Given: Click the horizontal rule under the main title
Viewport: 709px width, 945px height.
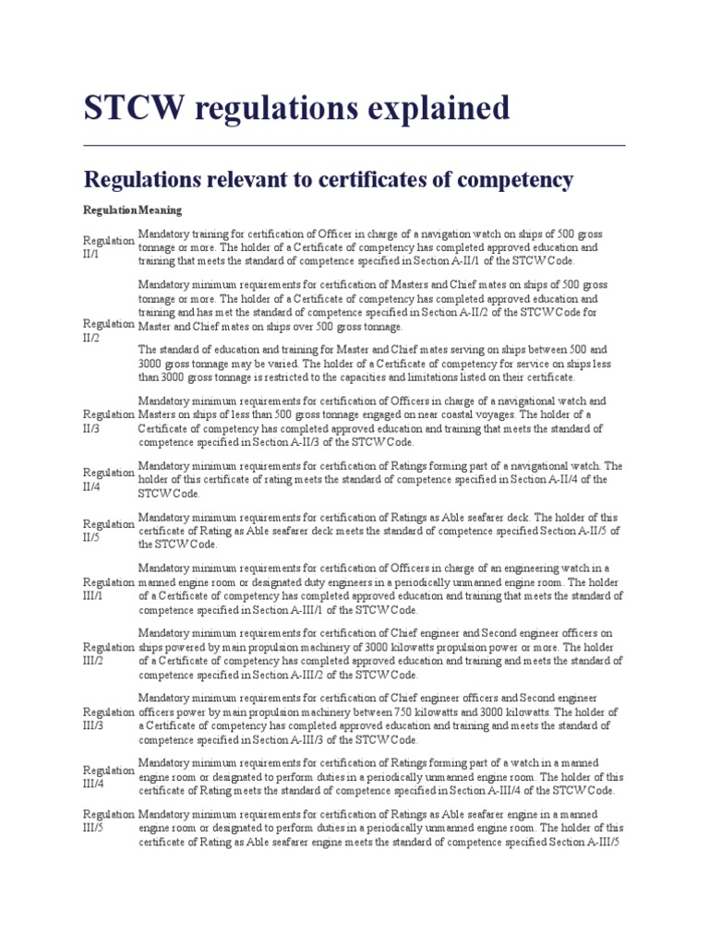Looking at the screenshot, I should point(354,145).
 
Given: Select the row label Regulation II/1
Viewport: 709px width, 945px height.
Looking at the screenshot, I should point(108,246).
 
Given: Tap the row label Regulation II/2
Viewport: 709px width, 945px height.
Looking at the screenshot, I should point(108,330).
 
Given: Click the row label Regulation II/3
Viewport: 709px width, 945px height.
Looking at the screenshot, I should point(108,421).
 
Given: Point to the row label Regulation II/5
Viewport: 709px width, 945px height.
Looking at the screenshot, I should point(108,531).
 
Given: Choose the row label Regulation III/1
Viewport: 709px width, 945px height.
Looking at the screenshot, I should point(108,589).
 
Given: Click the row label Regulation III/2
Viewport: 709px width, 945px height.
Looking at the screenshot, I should point(108,653).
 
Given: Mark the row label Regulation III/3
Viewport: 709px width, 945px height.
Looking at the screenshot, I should point(108,719).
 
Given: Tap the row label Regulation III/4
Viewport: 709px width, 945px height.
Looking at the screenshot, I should point(108,777).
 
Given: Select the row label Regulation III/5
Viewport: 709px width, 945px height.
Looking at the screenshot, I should point(108,821).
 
